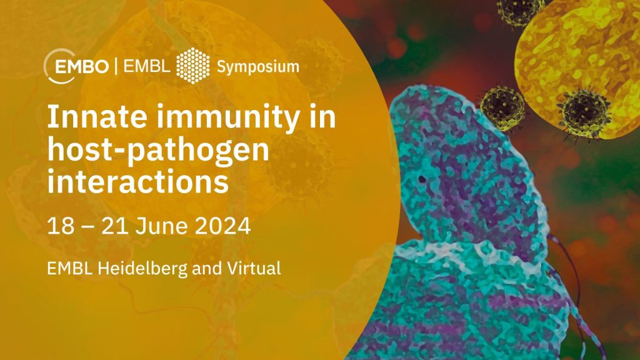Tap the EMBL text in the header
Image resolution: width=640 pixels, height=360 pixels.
click(x=146, y=66)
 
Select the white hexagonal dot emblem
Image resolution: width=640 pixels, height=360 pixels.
click(x=192, y=66)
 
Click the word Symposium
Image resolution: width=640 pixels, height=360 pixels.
click(x=258, y=67)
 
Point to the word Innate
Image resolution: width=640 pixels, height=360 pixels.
click(x=97, y=117)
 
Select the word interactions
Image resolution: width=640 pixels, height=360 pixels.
click(x=138, y=182)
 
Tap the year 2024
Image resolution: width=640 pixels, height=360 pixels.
click(x=222, y=226)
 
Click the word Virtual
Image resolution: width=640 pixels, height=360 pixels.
click(x=254, y=269)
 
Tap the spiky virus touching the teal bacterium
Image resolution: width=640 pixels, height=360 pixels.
click(x=502, y=107)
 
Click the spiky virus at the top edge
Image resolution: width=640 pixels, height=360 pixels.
click(x=519, y=11)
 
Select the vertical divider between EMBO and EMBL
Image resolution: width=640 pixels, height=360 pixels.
click(x=116, y=66)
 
